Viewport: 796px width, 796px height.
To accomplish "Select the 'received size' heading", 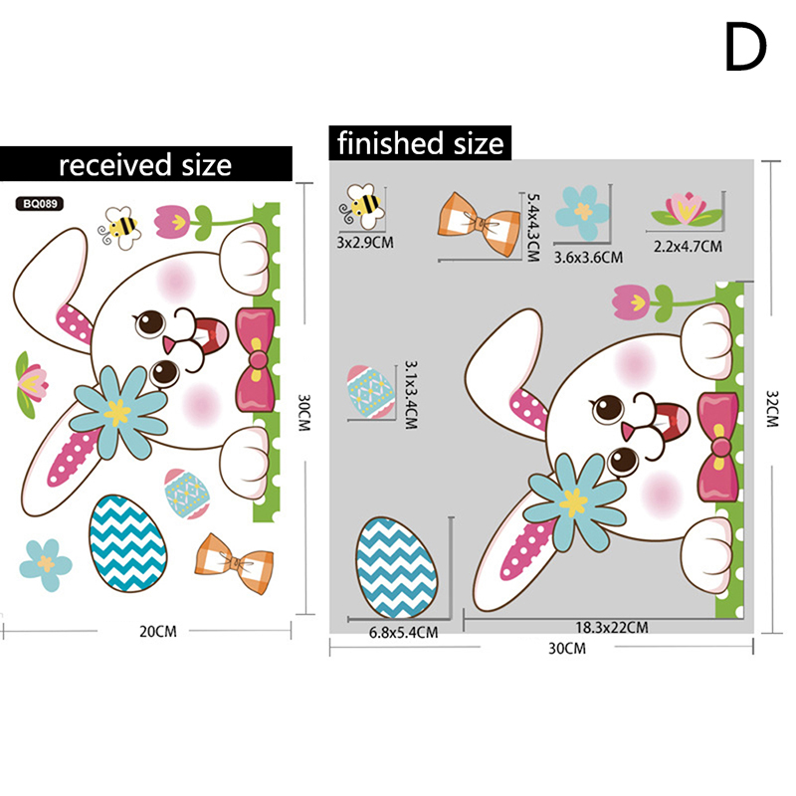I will click(145, 163).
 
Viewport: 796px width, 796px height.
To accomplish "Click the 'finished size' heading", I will click(420, 143).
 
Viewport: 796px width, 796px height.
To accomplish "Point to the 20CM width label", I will click(158, 630).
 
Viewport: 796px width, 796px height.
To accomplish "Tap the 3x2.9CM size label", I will click(363, 242).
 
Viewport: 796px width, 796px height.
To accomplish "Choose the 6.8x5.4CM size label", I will click(402, 631).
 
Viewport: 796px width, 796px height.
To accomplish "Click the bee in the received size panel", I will click(120, 227).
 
